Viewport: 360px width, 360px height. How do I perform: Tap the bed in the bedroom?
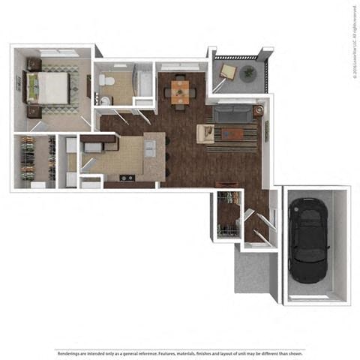[50, 88]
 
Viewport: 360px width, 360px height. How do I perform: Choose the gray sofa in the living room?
[232, 114]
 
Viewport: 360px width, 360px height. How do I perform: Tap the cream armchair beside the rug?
[205, 133]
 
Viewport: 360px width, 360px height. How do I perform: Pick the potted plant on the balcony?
[247, 73]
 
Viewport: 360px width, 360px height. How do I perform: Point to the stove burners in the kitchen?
[126, 178]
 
